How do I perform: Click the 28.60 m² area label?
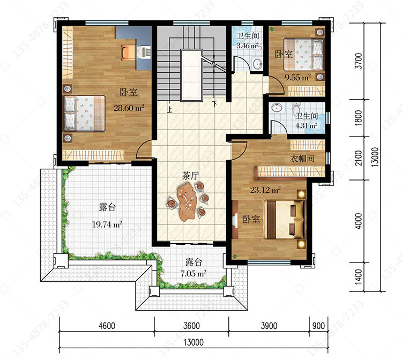coord(129,108)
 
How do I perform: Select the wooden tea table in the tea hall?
coord(187,202)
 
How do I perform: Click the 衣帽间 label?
coord(302,159)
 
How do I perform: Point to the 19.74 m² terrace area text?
coord(107,224)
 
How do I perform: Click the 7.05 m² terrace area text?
coord(193,273)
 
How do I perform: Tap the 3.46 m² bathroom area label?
coord(247,46)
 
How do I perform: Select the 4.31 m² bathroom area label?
coord(306,126)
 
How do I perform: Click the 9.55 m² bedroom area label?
coord(298,77)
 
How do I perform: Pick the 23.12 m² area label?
coord(265,190)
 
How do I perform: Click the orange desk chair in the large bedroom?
coord(128,52)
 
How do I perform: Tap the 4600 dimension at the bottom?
coord(107,326)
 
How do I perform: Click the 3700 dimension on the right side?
coord(359,61)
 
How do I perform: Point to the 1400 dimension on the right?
coord(359,276)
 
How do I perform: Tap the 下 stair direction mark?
coord(215,104)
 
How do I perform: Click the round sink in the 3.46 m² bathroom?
coord(257,63)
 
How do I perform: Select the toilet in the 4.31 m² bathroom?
coord(296,109)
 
